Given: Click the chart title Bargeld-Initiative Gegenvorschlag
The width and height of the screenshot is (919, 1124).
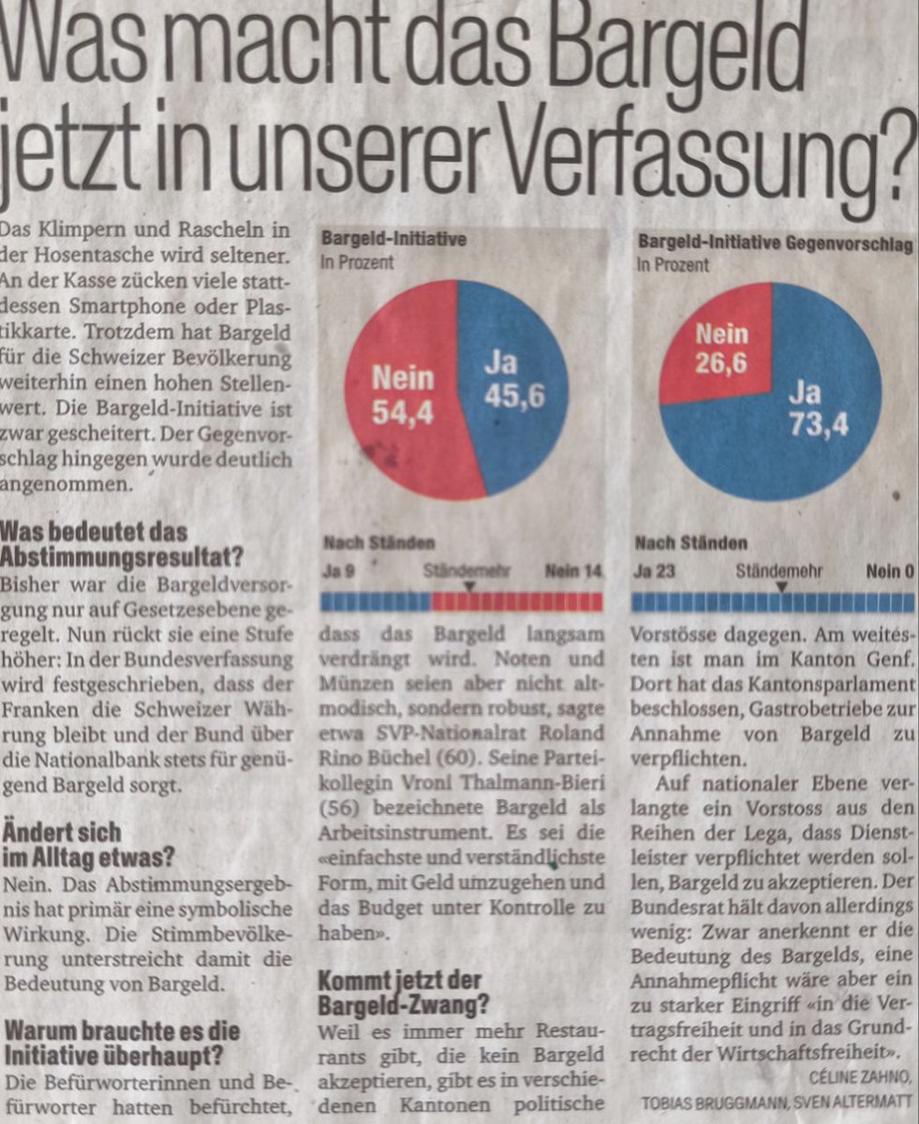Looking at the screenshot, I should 775,241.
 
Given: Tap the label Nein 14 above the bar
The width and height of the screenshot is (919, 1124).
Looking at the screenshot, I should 573,570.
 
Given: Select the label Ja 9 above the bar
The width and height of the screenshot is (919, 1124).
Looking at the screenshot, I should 337,570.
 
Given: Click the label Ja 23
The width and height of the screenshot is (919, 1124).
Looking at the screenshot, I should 653,570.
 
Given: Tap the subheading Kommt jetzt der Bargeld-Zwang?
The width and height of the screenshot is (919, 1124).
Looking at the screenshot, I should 403,992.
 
